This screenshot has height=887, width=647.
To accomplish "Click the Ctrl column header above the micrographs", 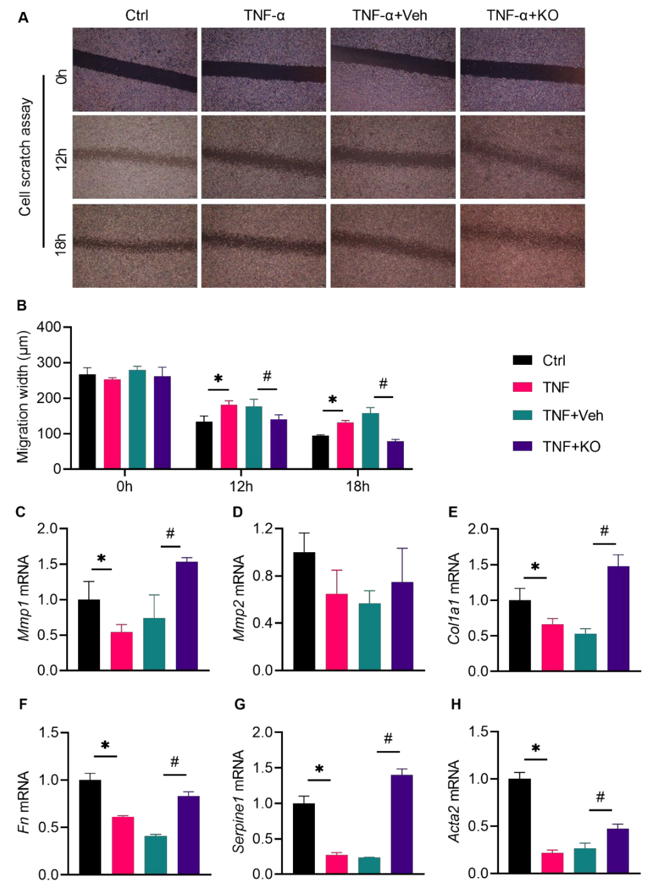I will (x=137, y=16).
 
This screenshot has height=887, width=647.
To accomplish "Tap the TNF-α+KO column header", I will (x=522, y=16).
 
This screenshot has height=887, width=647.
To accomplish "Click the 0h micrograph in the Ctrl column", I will (x=135, y=69).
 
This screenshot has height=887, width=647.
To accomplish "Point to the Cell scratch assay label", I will (x=25, y=157).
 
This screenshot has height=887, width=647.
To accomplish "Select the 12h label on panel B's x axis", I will (x=241, y=487).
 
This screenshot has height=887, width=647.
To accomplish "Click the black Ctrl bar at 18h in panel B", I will (x=320, y=452).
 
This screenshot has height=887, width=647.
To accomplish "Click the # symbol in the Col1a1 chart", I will (x=604, y=531).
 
